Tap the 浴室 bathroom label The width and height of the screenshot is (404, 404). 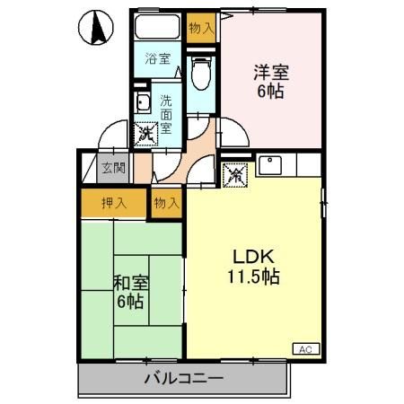point(158,59)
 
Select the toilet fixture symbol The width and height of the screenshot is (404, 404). point(201,72)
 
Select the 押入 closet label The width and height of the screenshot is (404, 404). point(112,203)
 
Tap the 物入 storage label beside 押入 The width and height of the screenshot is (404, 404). point(166,203)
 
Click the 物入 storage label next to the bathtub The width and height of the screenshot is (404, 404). point(201,28)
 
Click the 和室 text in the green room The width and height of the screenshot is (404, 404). point(131,283)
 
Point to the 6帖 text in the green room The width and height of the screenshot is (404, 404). point(131,302)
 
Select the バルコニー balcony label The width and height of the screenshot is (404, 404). point(183,378)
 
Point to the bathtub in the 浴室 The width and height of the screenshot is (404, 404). point(158,29)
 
